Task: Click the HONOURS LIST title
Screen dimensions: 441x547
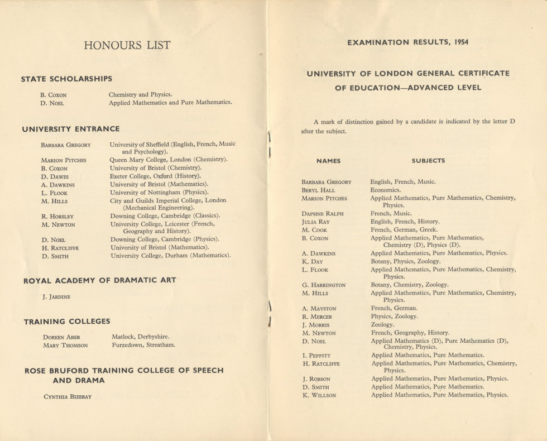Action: (x=127, y=45)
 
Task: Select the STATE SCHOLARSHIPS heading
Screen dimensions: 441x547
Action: (x=66, y=79)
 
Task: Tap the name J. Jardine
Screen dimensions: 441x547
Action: (x=56, y=297)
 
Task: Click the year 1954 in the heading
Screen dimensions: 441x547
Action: (x=461, y=42)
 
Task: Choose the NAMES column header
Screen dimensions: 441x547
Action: (x=328, y=161)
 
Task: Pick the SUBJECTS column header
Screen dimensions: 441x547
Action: (x=428, y=161)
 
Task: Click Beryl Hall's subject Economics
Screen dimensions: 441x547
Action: (x=386, y=190)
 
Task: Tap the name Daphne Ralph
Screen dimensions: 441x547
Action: (x=323, y=214)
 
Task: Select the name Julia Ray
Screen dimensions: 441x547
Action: (x=315, y=222)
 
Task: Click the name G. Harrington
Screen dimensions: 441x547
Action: (x=324, y=285)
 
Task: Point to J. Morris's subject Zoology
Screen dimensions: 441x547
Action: (x=382, y=324)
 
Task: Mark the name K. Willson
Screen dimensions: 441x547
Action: (x=319, y=395)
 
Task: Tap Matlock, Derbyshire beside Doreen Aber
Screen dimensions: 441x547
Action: (x=140, y=337)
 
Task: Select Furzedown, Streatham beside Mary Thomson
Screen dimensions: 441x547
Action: (x=143, y=345)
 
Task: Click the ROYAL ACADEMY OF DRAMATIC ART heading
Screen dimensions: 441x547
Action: (x=100, y=281)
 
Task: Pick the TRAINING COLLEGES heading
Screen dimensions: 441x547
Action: (x=67, y=322)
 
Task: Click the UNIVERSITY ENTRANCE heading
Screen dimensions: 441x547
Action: (x=71, y=129)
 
